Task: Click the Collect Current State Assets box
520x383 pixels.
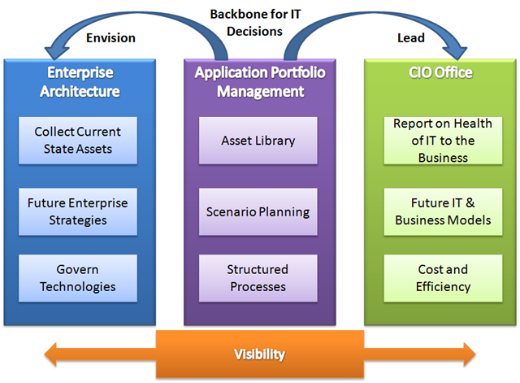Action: (78, 141)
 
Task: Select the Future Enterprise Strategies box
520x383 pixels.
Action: (78, 211)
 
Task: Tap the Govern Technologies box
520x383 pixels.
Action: (78, 278)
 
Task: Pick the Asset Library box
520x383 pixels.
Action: (258, 141)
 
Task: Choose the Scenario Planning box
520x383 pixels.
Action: (258, 211)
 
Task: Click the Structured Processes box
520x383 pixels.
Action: (258, 278)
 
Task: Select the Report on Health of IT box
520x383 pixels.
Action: (443, 141)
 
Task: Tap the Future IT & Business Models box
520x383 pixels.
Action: (443, 211)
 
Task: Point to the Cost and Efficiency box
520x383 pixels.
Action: (443, 278)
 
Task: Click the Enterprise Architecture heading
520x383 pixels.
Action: (80, 82)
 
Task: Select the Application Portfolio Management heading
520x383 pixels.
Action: (260, 82)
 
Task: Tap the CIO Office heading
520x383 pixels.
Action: (440, 72)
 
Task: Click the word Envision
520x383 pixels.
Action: (110, 38)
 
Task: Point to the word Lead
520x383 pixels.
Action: (411, 38)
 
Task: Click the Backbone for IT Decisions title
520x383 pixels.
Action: (255, 23)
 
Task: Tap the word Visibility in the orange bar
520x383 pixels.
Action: (260, 354)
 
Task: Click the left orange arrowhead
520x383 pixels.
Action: (50, 355)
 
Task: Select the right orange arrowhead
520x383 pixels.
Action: (470, 355)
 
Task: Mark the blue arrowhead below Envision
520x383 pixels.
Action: (57, 52)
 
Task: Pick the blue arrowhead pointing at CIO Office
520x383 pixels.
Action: (455, 52)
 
